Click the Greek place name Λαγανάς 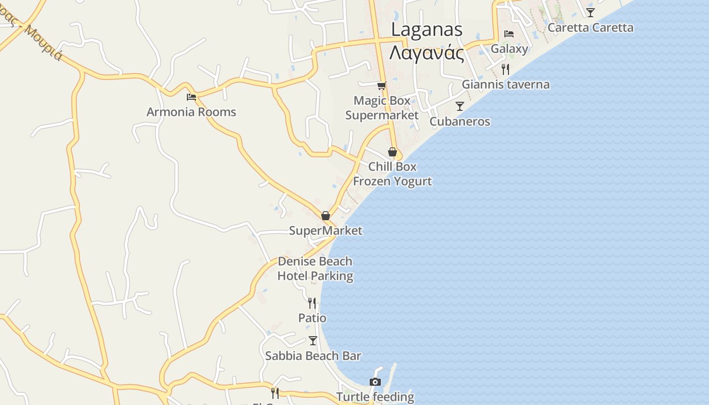pos(426,53)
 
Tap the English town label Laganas pos(426,29)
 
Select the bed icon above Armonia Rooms pos(191,96)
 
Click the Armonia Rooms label pos(191,112)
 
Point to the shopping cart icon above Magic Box pos(381,86)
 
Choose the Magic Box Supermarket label pos(382,108)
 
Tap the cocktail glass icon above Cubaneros pos(459,106)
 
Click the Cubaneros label pos(459,121)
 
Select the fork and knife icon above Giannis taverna pos(505,69)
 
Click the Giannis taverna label pos(505,85)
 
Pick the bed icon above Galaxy pos(509,34)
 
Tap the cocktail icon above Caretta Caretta pos(590,12)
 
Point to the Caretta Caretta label pos(590,27)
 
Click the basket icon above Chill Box pos(392,151)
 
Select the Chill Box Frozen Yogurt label pos(392,174)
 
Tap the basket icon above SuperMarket pos(326,216)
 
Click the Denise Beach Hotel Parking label pos(315,269)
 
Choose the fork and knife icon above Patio pos(312,303)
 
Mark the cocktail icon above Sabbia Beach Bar pos(312,341)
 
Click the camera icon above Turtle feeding pos(375,382)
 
